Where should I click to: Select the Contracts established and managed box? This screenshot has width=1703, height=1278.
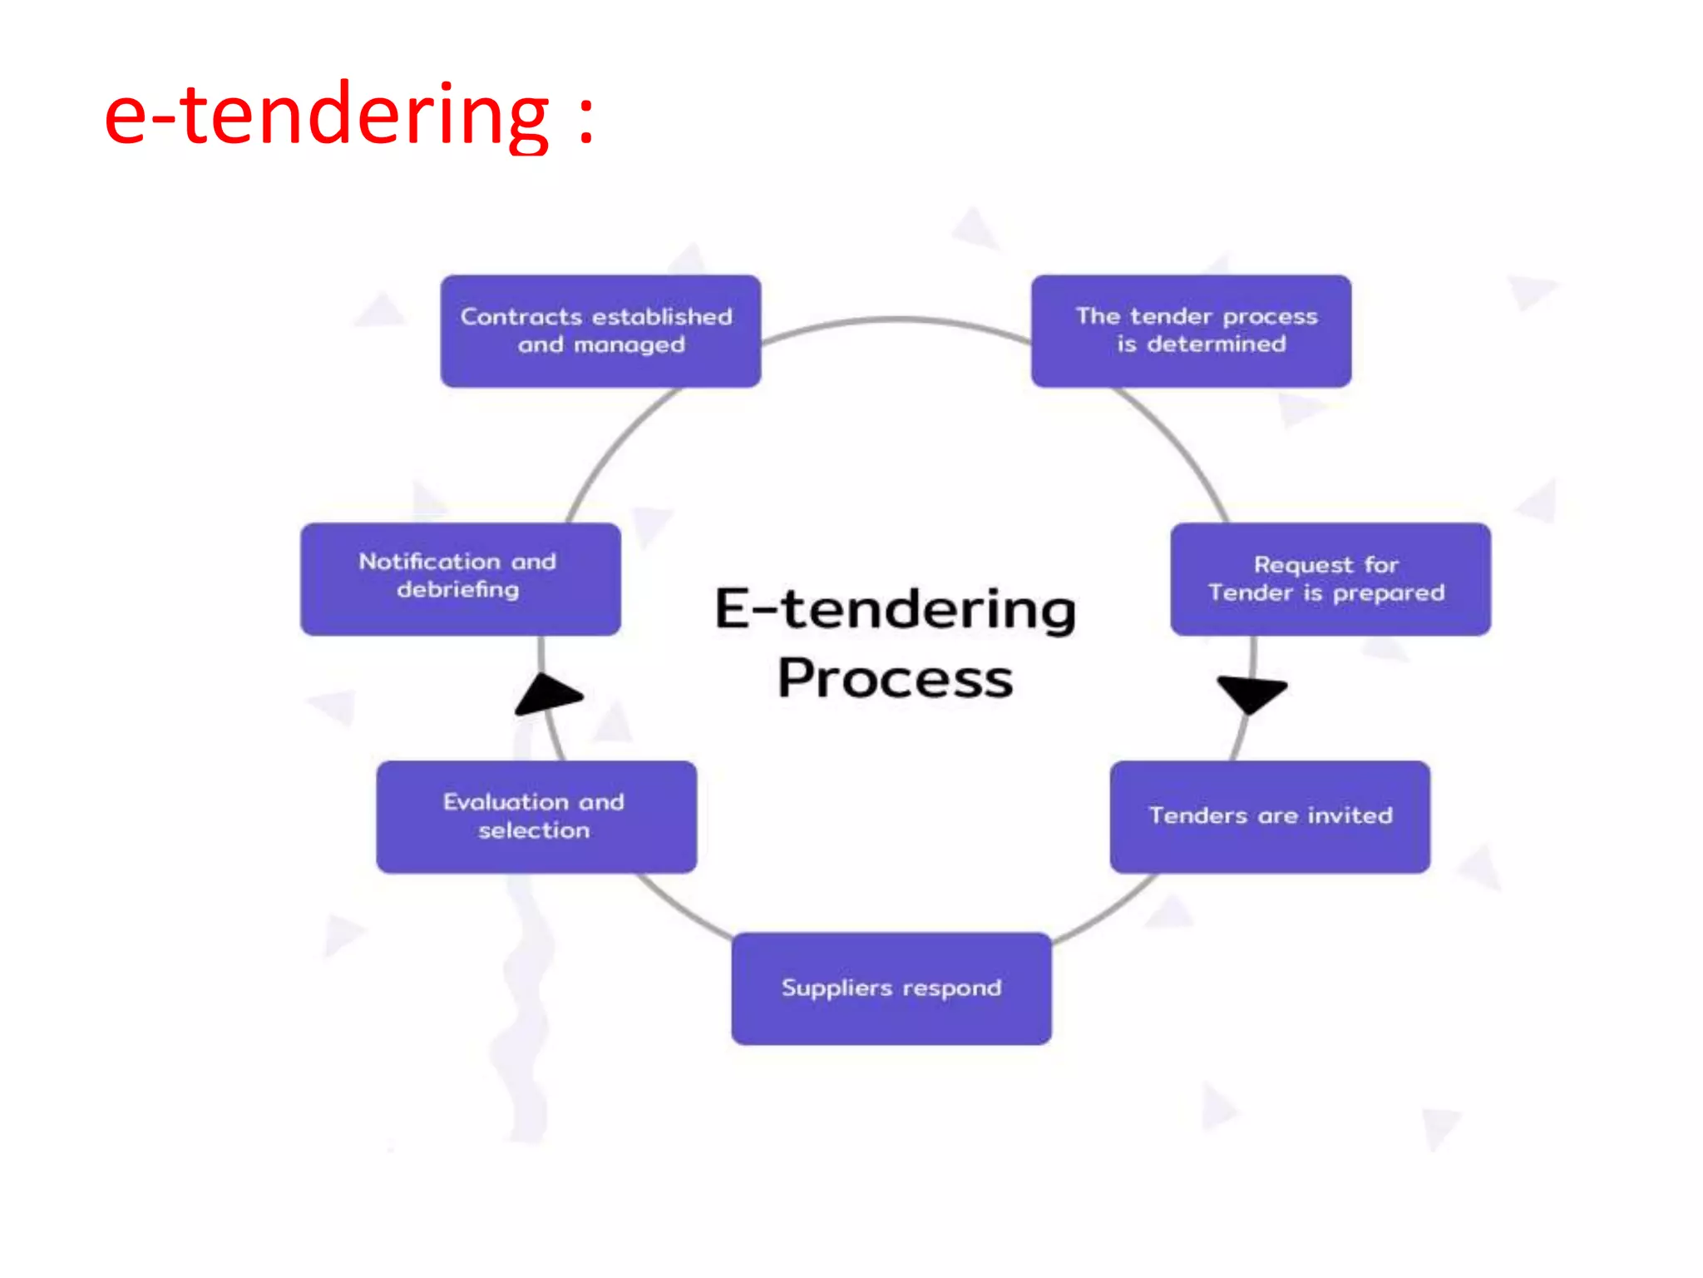pos(600,330)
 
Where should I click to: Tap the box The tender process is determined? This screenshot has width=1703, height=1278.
pos(1191,330)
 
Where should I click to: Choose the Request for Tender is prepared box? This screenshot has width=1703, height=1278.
pos(1330,578)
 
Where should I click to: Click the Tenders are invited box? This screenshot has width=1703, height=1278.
pos(1270,816)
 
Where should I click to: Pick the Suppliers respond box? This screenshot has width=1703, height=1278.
pos(891,988)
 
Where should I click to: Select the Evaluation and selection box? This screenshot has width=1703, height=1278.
pos(536,816)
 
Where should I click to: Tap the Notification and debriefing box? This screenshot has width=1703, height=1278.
pos(460,578)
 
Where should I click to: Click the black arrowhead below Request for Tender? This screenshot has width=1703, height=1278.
pos(1252,692)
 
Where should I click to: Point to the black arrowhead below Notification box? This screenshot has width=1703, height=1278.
pos(545,694)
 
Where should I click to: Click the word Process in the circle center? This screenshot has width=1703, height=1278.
pos(895,679)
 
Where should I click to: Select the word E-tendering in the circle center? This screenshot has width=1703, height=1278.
pos(895,609)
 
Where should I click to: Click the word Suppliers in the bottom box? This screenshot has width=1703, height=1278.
pos(837,988)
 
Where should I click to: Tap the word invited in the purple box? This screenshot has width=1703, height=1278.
pos(1350,815)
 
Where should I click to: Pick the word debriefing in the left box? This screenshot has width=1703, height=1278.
pos(458,590)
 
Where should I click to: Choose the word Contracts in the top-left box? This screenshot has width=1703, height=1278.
pos(521,316)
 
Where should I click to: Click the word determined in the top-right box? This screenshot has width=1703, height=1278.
pos(1217,344)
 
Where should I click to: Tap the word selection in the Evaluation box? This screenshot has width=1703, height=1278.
pos(534,830)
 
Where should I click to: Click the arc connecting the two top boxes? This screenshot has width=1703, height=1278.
pos(896,319)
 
